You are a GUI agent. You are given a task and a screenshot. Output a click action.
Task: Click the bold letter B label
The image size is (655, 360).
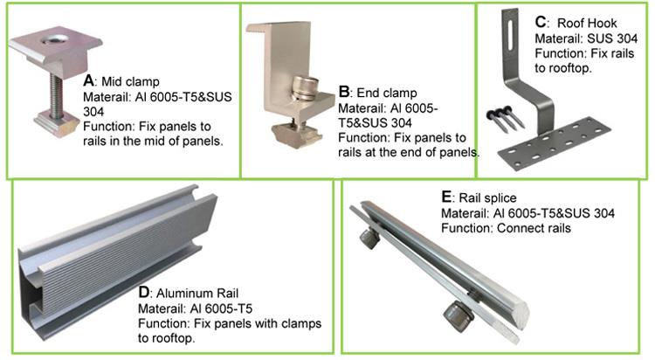point(343,91)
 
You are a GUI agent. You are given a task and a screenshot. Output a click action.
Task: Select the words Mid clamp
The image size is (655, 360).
point(128,80)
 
